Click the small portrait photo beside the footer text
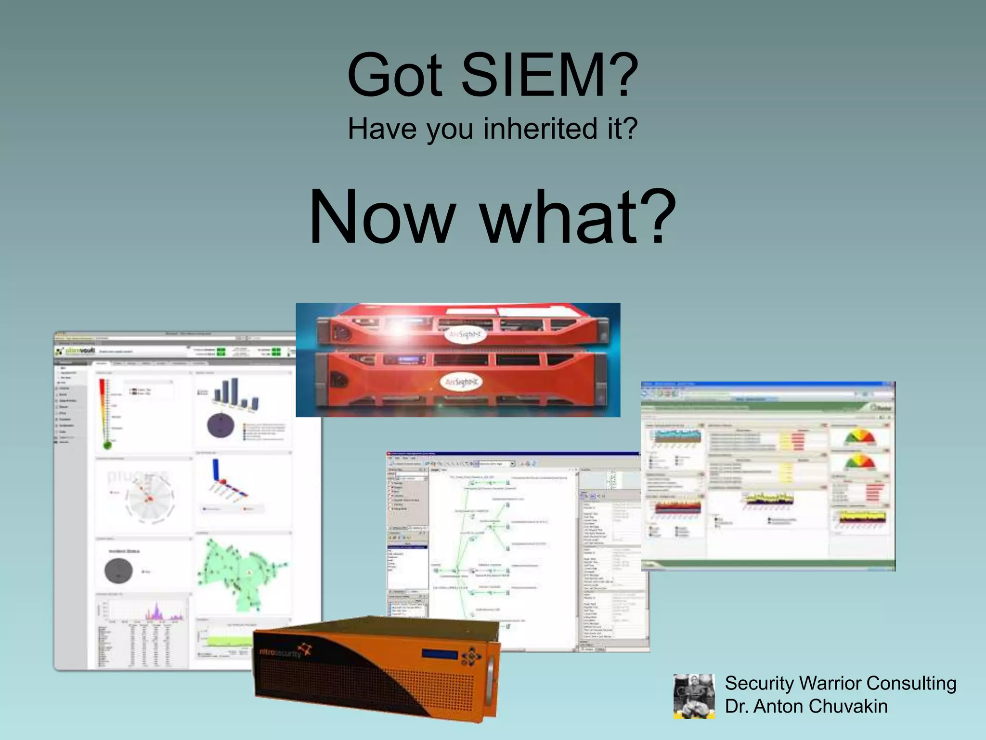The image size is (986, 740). (x=694, y=696)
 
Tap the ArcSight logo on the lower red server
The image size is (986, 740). (x=461, y=383)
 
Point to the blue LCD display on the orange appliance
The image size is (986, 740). (x=440, y=654)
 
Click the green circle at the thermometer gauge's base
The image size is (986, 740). (x=107, y=445)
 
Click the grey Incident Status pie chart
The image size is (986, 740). (x=118, y=571)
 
